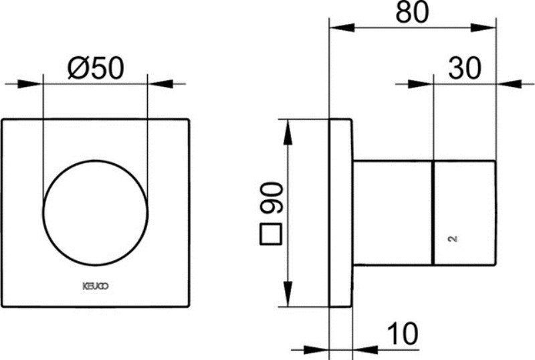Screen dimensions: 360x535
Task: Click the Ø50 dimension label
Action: (x=96, y=68)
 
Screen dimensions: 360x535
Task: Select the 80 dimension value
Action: (x=412, y=13)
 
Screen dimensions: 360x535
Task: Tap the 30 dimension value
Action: (x=465, y=68)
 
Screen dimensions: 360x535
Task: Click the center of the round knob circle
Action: (x=95, y=212)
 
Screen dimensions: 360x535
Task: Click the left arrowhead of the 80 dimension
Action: (x=340, y=28)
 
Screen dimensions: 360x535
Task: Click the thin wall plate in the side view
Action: (x=340, y=212)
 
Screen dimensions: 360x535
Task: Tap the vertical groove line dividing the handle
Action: (x=433, y=212)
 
